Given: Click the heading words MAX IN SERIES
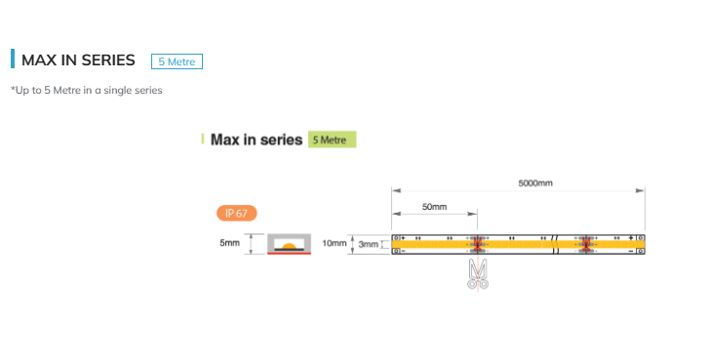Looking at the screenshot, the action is point(78,60).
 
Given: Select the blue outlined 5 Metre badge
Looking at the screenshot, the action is point(177,61).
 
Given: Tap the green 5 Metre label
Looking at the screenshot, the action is point(332,140).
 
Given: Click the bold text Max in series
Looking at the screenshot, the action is point(257,140).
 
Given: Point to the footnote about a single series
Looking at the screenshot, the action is point(87,91).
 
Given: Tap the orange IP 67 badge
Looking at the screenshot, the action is point(237,213).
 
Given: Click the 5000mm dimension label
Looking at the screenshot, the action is point(536,183).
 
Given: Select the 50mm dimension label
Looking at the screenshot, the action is point(435,207).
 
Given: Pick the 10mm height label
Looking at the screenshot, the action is point(335,243).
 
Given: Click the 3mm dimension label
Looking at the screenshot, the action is point(368,245).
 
